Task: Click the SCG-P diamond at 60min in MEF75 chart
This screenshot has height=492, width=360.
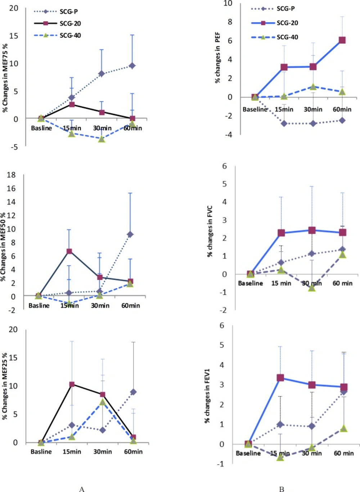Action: (132, 66)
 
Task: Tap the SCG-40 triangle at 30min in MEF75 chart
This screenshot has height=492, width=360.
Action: (102, 139)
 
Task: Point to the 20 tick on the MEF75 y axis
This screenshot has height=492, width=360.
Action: (14, 8)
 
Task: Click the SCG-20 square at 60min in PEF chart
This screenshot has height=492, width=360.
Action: (342, 40)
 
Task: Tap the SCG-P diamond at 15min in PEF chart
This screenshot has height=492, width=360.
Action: (284, 123)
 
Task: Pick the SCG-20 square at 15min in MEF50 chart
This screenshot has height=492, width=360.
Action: (69, 251)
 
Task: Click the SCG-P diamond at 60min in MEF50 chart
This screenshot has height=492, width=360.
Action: (130, 234)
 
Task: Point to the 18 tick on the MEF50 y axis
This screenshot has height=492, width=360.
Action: (12, 175)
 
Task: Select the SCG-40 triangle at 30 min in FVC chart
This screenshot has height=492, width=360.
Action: (312, 288)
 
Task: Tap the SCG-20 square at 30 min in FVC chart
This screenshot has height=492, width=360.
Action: (312, 230)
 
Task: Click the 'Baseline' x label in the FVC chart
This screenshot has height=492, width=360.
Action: (250, 283)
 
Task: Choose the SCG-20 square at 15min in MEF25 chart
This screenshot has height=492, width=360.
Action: (72, 384)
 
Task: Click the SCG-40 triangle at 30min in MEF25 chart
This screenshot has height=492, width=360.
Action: (103, 402)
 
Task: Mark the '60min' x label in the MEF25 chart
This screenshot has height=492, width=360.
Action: (133, 451)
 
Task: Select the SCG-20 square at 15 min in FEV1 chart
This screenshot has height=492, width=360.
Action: (280, 378)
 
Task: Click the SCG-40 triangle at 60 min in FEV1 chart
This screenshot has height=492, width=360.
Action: (344, 428)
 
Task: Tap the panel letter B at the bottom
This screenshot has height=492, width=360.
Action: (282, 489)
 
